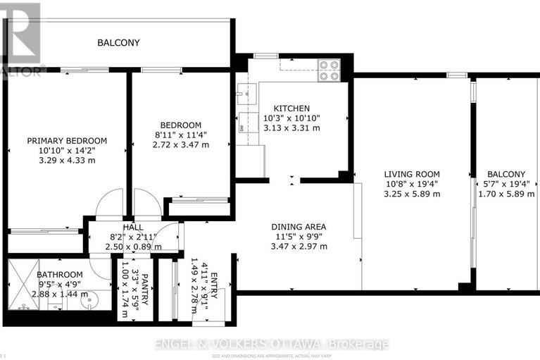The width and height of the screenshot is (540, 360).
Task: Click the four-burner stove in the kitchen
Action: [x=329, y=70]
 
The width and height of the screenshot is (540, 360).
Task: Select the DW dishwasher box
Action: [x=241, y=128]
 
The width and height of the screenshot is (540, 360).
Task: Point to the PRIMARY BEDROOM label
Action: [x=67, y=140]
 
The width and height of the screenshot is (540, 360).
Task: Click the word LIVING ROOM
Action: [x=412, y=174]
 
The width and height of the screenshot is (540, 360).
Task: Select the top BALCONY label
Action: [x=118, y=43]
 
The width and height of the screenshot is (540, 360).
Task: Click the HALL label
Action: [x=133, y=228]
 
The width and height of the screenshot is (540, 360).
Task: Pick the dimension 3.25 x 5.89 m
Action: [x=412, y=194]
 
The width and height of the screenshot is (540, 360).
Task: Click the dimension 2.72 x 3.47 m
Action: [x=180, y=144]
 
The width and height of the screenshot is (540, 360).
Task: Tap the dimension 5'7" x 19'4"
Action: [x=506, y=184]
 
